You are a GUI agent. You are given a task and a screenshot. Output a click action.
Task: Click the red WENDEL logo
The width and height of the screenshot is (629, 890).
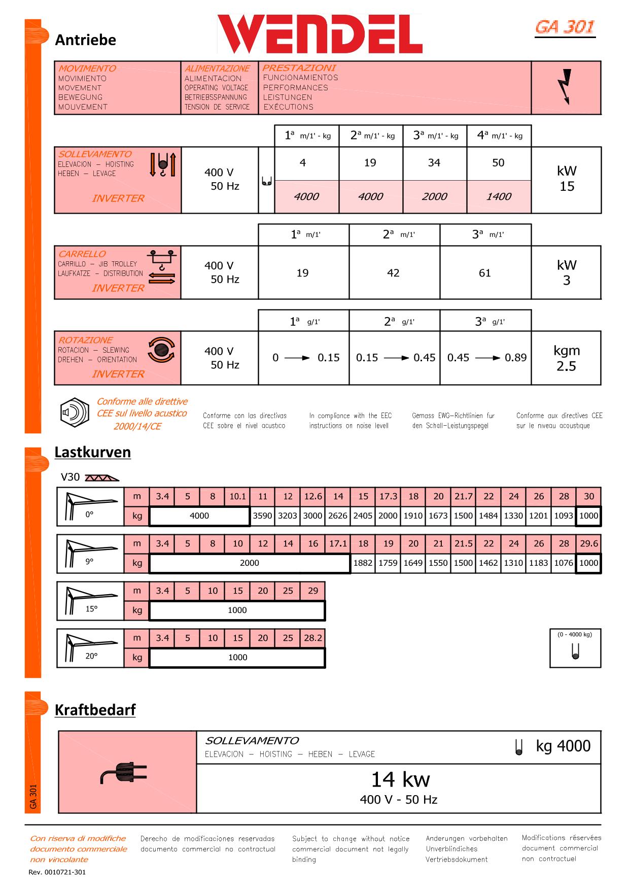[x=320, y=35]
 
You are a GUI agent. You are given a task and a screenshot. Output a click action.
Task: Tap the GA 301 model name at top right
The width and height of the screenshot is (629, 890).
[x=565, y=27]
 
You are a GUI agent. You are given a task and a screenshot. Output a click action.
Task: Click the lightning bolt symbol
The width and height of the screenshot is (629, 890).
[x=566, y=87]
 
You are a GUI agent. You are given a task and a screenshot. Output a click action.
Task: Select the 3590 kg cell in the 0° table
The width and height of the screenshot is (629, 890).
[x=263, y=516]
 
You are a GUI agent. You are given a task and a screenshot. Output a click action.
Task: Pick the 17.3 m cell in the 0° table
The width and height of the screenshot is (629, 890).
[x=388, y=496]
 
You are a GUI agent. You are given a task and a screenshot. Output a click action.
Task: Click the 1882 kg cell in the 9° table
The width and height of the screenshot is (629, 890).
[x=363, y=563]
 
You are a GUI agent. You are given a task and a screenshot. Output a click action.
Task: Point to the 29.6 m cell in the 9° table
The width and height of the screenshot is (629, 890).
[x=589, y=543]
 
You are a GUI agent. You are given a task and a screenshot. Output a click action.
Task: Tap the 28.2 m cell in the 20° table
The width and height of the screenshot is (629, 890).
[x=313, y=638]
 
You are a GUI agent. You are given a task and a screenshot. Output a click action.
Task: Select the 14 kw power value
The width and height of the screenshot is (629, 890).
[x=400, y=779]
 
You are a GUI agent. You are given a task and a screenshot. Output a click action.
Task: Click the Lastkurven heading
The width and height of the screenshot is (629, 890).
[x=93, y=452]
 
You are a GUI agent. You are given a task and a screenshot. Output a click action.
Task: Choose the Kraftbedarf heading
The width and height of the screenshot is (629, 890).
[x=95, y=709]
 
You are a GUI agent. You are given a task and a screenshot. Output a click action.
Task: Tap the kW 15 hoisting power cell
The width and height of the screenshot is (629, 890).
[x=567, y=179]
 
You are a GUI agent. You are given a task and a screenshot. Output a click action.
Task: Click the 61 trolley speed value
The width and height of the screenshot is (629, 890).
[x=485, y=273]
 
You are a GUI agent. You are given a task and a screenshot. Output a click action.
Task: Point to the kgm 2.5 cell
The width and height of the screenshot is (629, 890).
[x=567, y=358]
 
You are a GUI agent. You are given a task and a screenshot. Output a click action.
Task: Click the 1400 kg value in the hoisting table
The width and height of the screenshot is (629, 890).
[x=499, y=196]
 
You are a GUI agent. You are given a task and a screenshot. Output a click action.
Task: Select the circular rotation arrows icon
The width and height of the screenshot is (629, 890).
[x=161, y=350]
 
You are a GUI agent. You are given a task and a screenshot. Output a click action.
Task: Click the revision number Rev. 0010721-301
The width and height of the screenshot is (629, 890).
[x=57, y=872]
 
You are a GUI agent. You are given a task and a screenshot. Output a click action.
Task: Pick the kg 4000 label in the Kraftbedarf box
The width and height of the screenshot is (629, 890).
[x=563, y=746]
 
